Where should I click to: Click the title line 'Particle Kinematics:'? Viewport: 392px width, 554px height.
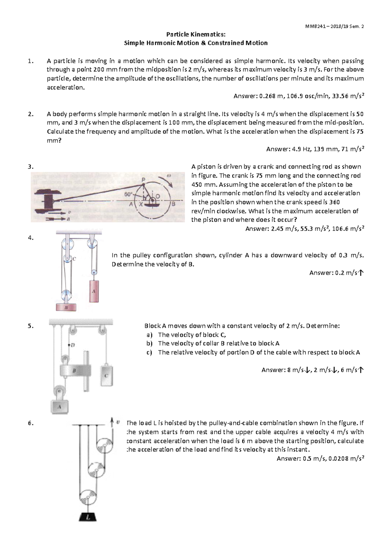(196, 34)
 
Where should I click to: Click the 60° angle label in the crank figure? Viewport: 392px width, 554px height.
(129, 194)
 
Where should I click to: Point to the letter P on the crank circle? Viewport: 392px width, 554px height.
(143, 180)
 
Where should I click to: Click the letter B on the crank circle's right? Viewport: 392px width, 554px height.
(173, 204)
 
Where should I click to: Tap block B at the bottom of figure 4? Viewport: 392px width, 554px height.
(66, 307)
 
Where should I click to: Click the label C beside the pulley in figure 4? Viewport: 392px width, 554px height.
(74, 259)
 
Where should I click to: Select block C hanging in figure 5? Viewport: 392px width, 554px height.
(106, 375)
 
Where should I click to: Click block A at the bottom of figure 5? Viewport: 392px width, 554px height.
(59, 406)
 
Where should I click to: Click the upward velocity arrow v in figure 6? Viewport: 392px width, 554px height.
(112, 422)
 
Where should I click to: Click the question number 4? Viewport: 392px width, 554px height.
(31, 238)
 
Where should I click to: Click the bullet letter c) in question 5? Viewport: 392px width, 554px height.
(149, 352)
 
